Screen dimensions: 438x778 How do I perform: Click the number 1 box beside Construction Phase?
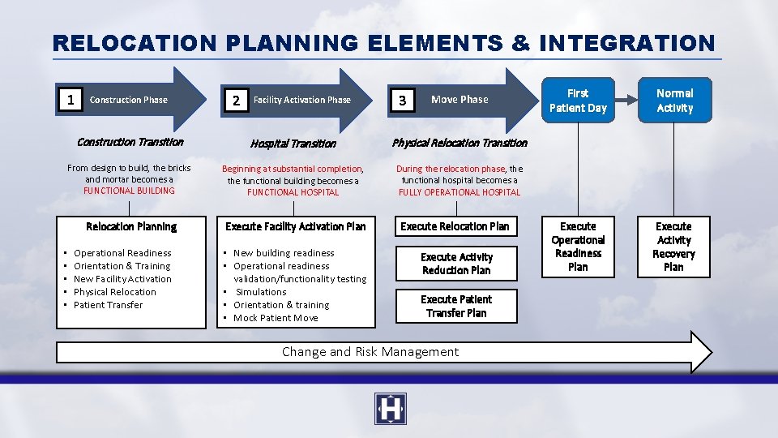[x=71, y=100]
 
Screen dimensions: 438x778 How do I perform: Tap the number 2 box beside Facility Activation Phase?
[x=236, y=101]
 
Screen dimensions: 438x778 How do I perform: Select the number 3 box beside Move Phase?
[x=402, y=101]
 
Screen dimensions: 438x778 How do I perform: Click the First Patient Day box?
[x=578, y=101]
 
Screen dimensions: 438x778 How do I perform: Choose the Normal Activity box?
[x=674, y=101]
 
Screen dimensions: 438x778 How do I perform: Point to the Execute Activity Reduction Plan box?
[x=456, y=264]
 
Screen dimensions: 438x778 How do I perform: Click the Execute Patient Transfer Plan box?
[x=456, y=306]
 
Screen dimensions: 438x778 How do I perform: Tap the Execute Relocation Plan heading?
[x=455, y=226]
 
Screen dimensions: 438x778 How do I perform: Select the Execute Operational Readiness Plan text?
[x=578, y=247]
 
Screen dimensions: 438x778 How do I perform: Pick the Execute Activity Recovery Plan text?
[x=673, y=247]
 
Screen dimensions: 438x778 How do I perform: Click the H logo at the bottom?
[x=391, y=409]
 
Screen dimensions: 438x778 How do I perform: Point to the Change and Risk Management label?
[x=370, y=352]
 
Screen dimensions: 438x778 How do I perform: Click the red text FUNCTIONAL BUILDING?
[x=129, y=191]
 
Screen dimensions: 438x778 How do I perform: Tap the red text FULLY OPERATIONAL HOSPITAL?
[x=460, y=192]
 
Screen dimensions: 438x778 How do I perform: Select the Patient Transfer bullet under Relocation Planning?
[x=108, y=305]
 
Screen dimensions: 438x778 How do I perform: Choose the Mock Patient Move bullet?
[x=276, y=318]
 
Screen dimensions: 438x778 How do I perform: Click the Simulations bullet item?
[x=261, y=292]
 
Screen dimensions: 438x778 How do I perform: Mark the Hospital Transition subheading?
[x=293, y=144]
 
